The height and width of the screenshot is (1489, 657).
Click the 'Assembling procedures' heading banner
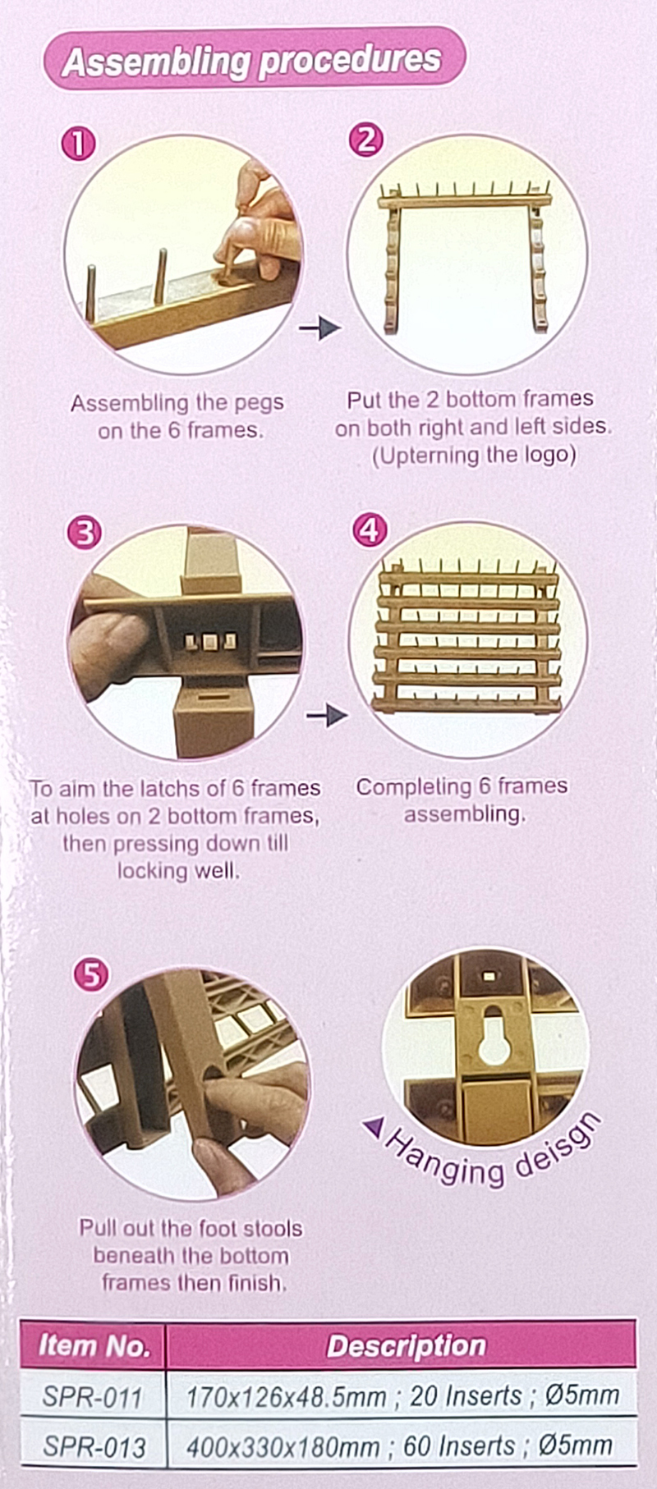pos(254,59)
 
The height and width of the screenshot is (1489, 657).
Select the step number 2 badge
pos(366,140)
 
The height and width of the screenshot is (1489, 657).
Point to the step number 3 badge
pos(84,534)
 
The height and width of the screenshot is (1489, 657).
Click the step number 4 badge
pos(370,530)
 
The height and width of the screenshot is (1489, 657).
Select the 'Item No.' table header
pos(94,1346)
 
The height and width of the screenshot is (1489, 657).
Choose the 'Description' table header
pos(407,1346)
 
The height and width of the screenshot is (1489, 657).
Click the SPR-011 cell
pos(93,1396)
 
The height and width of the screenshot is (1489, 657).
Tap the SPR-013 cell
pos(94,1446)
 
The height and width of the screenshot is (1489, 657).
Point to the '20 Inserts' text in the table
pos(466,1395)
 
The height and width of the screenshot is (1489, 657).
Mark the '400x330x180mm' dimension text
pos(283,1446)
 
